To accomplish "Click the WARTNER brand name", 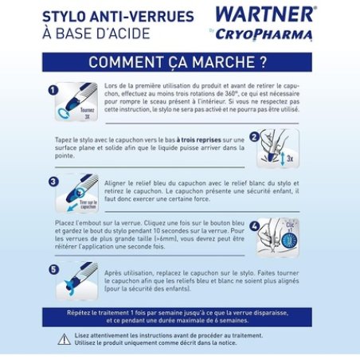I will pyautogui.click(x=265, y=14).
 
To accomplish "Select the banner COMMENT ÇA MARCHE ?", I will pyautogui.click(x=177, y=62).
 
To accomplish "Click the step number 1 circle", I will pyautogui.click(x=53, y=92).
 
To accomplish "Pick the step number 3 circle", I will pyautogui.click(x=53, y=182).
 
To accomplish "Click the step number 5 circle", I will pyautogui.click(x=53, y=269).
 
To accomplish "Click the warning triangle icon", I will pyautogui.click(x=64, y=339).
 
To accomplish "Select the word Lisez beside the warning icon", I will pyautogui.click(x=85, y=335).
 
